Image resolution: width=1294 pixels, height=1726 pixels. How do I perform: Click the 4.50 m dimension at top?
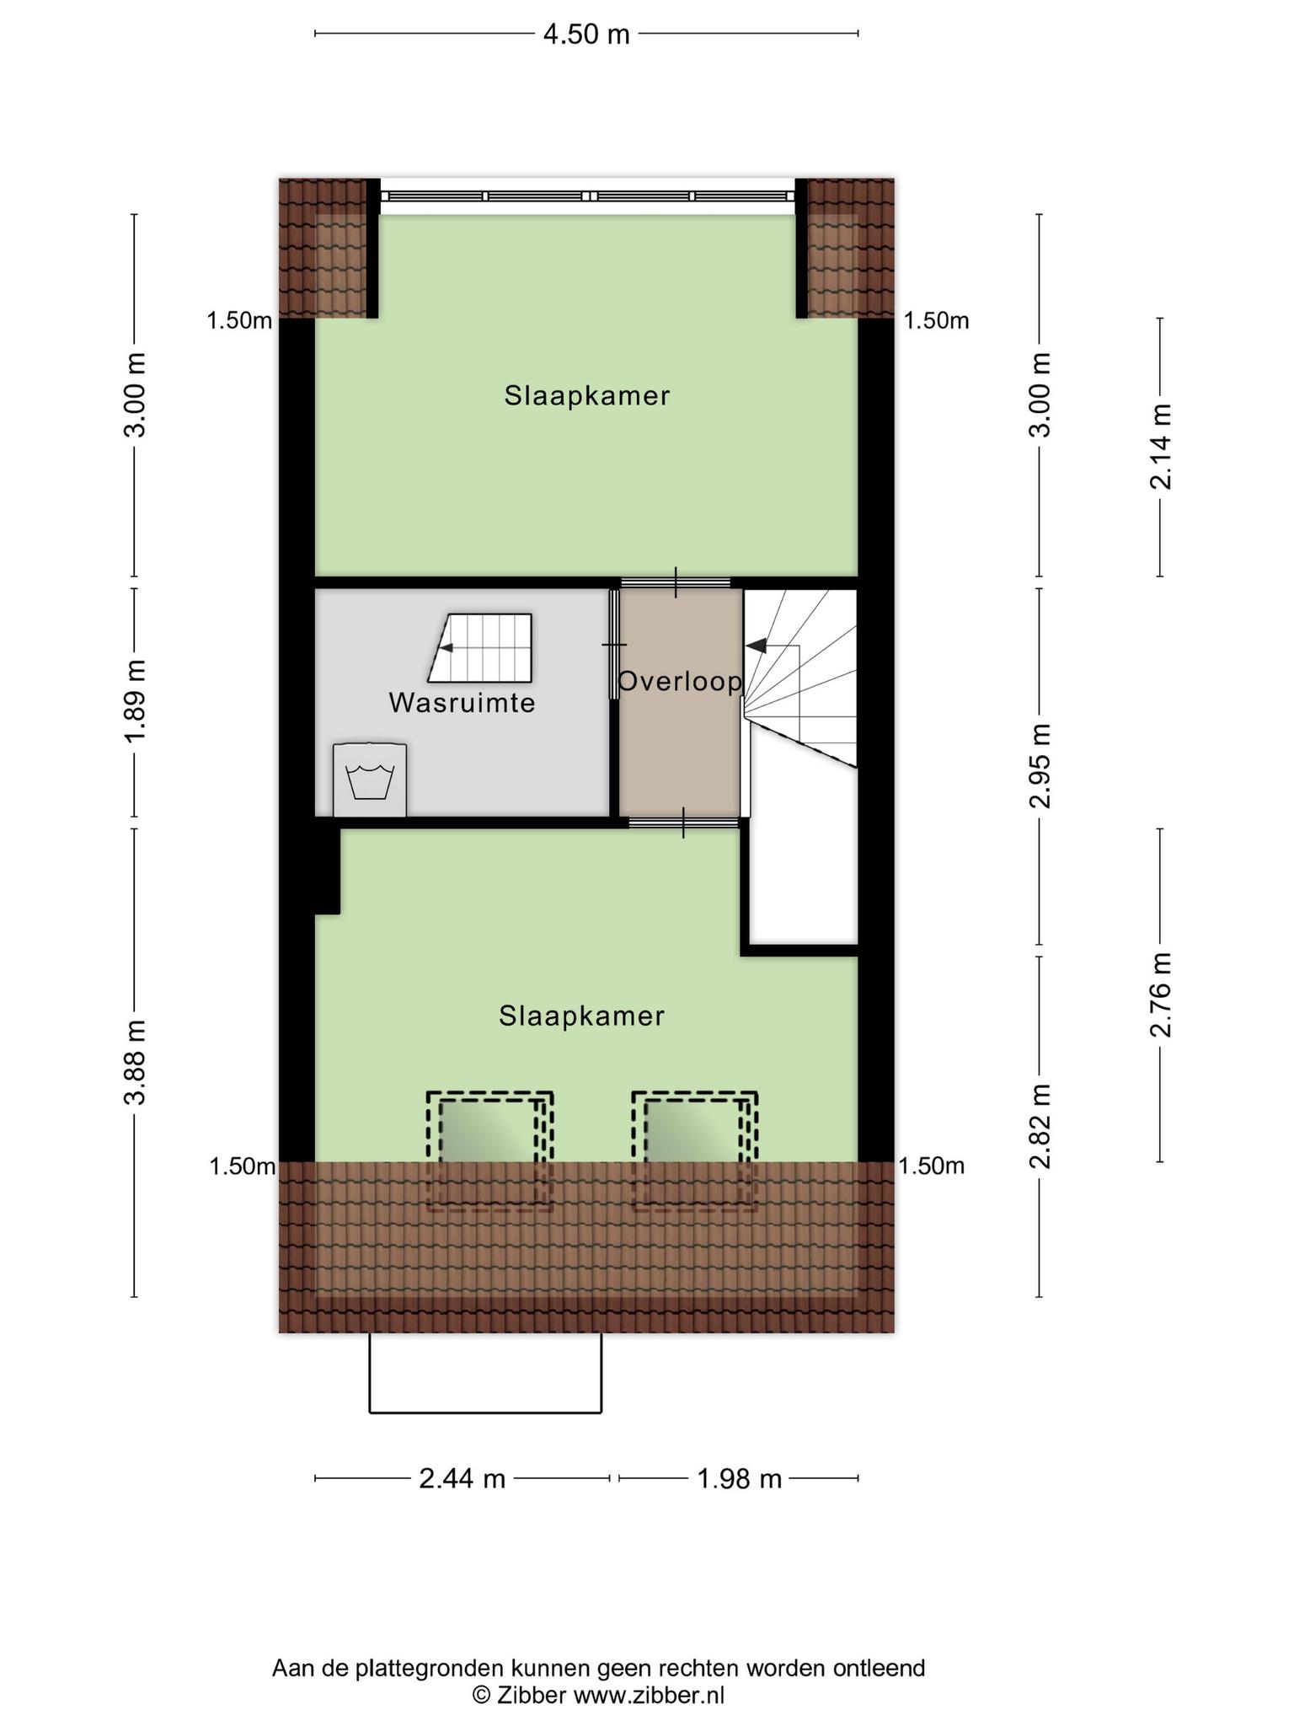[586, 34]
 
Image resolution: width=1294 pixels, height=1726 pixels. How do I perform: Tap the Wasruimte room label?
[462, 703]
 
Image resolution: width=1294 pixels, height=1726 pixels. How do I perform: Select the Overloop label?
[680, 682]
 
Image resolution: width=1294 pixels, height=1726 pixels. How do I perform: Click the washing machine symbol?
[369, 780]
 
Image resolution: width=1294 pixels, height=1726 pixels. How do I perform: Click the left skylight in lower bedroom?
[489, 1151]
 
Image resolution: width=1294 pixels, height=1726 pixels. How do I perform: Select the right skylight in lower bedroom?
[695, 1151]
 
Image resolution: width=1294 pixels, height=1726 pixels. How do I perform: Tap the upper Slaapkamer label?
[587, 395]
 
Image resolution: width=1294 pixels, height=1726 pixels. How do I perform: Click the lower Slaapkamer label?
[581, 1016]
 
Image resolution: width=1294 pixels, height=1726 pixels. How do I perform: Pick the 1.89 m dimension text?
[135, 701]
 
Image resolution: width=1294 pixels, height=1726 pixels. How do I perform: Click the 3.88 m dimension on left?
[135, 1062]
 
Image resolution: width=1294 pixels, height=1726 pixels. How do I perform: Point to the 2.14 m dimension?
[1161, 447]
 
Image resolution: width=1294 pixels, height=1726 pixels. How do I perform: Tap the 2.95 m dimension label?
[1040, 765]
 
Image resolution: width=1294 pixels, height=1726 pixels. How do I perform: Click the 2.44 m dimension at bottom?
[462, 1478]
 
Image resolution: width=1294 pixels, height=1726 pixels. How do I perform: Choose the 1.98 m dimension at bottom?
[740, 1478]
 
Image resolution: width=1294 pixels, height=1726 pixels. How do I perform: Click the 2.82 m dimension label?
[1040, 1128]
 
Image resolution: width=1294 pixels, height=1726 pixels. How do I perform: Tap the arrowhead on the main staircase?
[757, 646]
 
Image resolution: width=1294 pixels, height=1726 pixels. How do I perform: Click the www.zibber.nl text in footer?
[649, 1695]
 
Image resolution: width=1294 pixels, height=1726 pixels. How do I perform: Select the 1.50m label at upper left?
[240, 320]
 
